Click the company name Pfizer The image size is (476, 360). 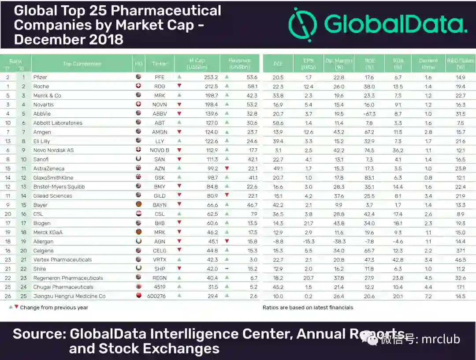pos(40,77)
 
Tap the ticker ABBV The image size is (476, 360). pos(160,114)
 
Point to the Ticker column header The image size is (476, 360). pos(160,64)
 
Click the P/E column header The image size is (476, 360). pos(278,64)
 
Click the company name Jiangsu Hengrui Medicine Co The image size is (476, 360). pos(69,296)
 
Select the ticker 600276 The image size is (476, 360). pos(160,296)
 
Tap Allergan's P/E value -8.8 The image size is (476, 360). pos(278,242)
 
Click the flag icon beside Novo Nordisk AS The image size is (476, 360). pos(138,150)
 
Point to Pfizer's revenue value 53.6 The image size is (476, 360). pos(252,77)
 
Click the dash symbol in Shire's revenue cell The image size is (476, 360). pos(227,269)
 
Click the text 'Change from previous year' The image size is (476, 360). pos(54,307)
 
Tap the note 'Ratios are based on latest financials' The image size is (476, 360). pos(308,307)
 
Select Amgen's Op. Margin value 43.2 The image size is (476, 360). pos(338,132)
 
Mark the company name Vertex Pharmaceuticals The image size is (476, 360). pos(63,260)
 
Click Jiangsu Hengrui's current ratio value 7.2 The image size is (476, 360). pos(428,296)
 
